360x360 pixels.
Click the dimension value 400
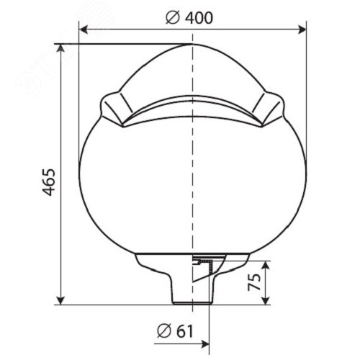[x=199, y=18]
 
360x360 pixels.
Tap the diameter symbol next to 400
[x=173, y=18]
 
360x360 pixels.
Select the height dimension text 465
[x=49, y=182]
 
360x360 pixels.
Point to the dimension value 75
[x=254, y=282]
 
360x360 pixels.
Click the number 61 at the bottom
[x=184, y=331]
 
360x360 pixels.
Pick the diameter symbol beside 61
[x=164, y=331]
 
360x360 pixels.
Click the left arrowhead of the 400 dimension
[x=83, y=30]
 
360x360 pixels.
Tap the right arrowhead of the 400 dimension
[x=302, y=30]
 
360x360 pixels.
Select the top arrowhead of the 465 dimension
[x=61, y=48]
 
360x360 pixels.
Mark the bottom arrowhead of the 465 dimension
[x=61, y=300]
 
